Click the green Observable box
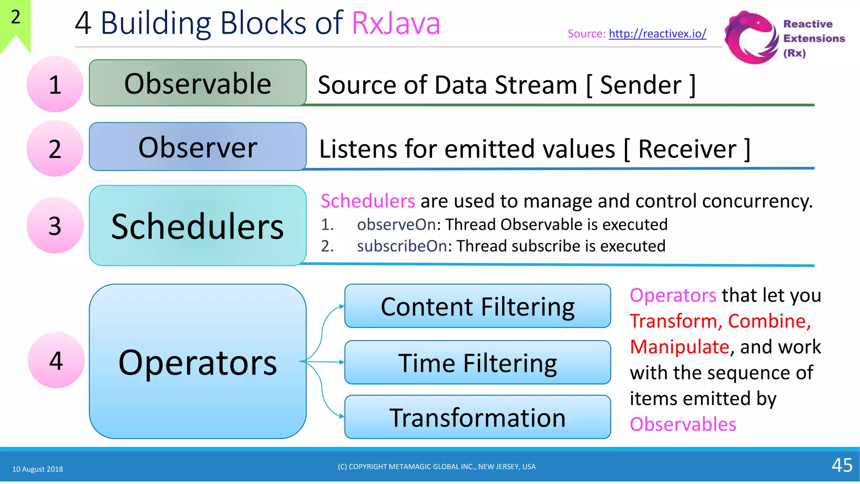[197, 83]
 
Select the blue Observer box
[197, 147]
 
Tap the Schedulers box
[197, 226]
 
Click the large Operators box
[197, 362]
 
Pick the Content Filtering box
[477, 306]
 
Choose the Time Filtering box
[477, 363]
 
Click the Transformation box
[477, 417]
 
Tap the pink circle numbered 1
[55, 84]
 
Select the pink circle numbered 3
[55, 226]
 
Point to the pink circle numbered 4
[56, 360]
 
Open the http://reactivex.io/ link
[657, 34]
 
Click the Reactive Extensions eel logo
[751, 38]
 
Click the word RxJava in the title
[396, 23]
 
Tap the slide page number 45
[842, 465]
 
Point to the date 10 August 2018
[38, 469]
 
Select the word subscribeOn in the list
[402, 246]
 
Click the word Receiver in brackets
[687, 149]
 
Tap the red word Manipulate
[679, 347]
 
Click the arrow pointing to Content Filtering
[332, 313]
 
